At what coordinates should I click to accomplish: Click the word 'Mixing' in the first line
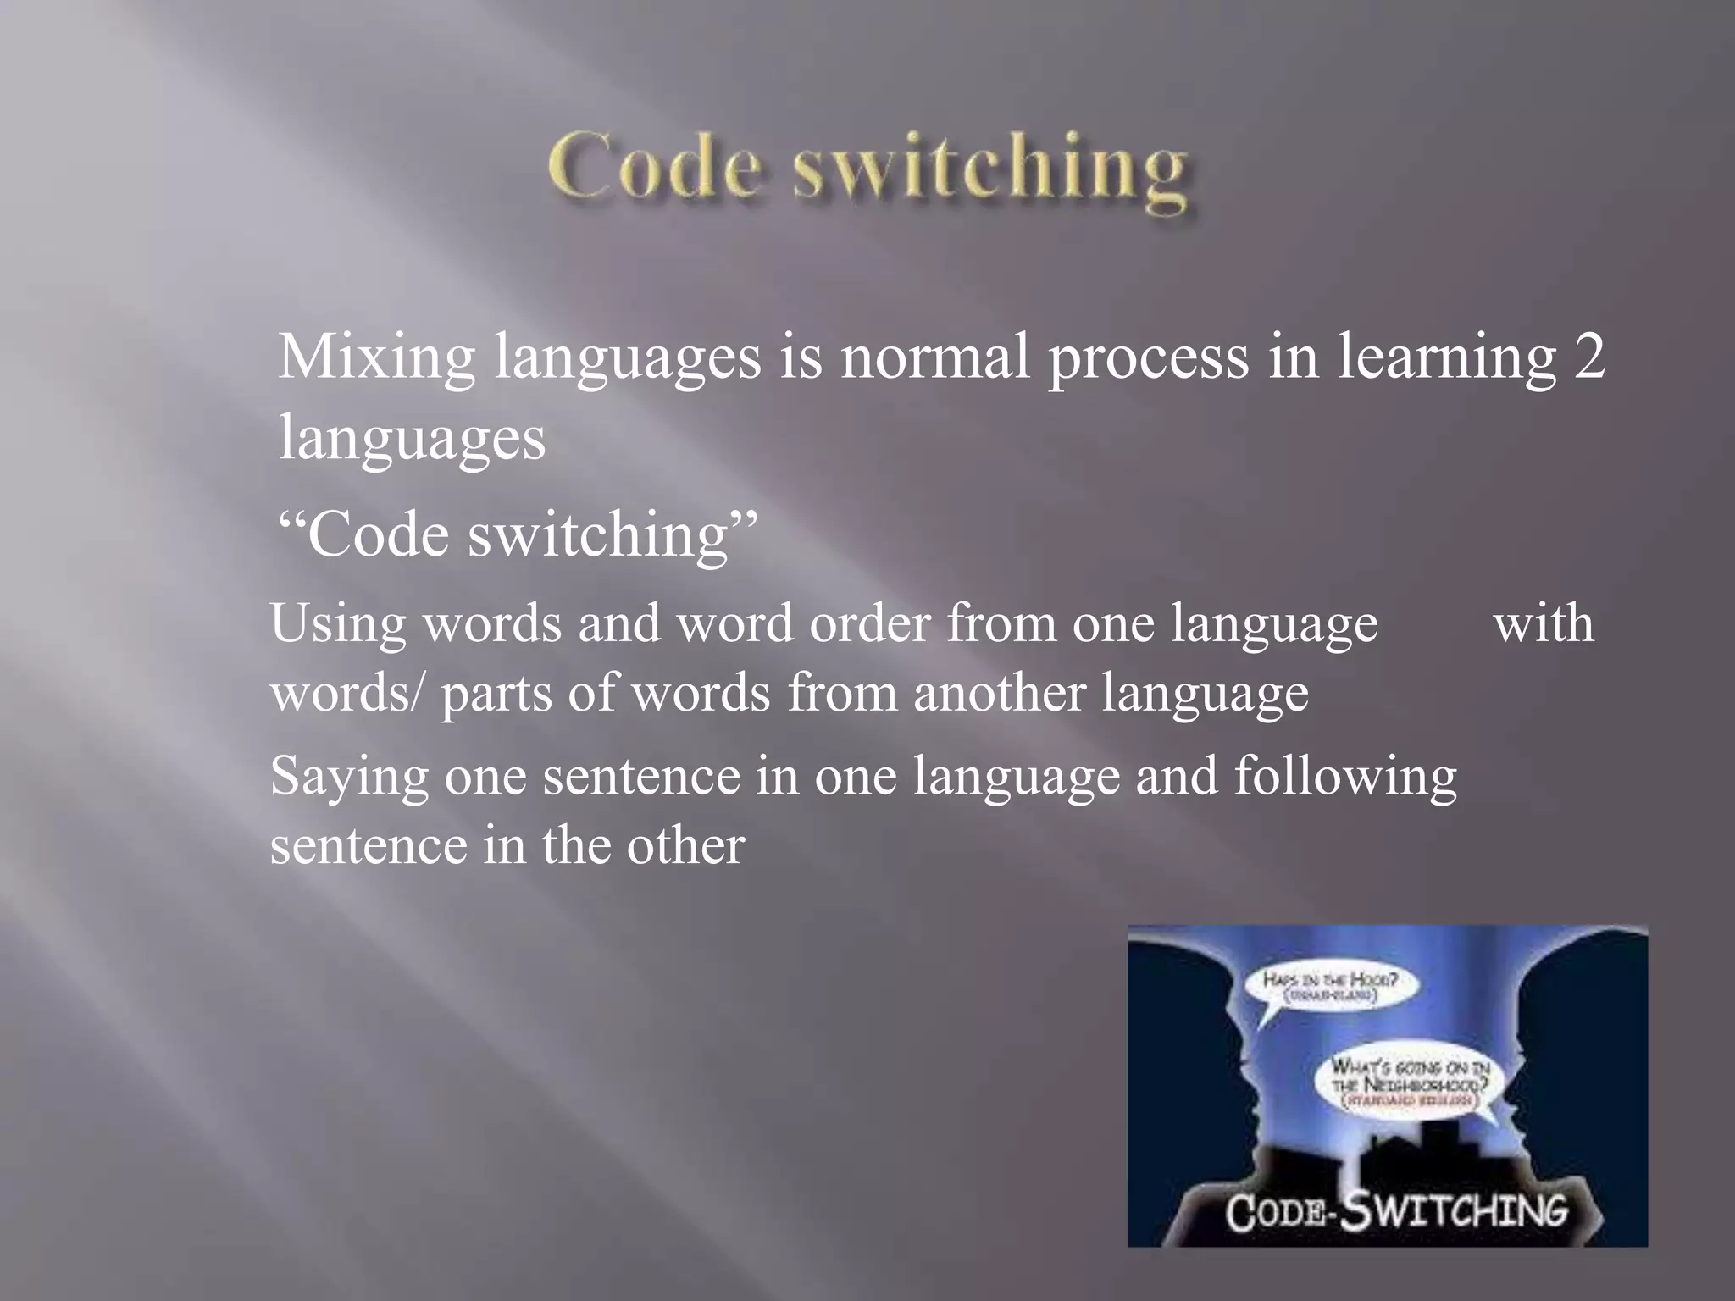pos(376,357)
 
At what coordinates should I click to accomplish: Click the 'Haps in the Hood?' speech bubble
pos(1330,985)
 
